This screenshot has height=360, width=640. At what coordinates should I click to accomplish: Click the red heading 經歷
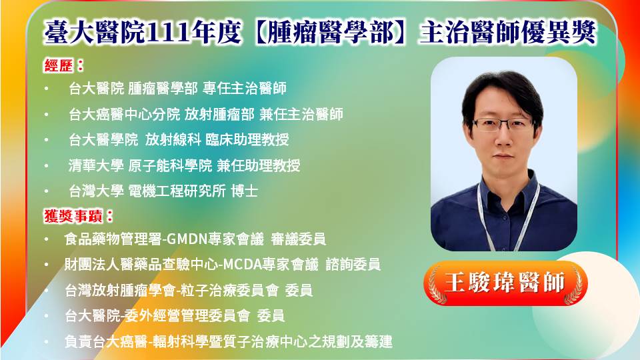[x=59, y=65]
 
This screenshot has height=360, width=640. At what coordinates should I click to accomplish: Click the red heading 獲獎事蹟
[x=73, y=216]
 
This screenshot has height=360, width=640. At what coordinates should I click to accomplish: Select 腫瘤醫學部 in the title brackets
[x=330, y=32]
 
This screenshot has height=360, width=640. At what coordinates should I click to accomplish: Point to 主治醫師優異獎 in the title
[x=507, y=32]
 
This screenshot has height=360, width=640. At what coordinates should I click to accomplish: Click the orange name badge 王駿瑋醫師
[x=505, y=283]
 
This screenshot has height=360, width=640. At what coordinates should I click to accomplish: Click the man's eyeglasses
[x=502, y=125]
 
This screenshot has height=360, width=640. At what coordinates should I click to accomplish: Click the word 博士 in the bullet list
[x=245, y=191]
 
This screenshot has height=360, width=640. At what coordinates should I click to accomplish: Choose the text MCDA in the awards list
[x=242, y=265]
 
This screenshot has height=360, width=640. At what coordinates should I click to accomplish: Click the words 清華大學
[x=96, y=165]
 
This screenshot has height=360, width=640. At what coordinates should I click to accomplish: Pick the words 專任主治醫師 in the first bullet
[x=245, y=88]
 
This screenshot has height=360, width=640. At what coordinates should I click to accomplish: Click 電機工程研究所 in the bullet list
[x=177, y=191]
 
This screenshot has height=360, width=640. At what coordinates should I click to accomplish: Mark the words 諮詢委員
[x=353, y=265]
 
